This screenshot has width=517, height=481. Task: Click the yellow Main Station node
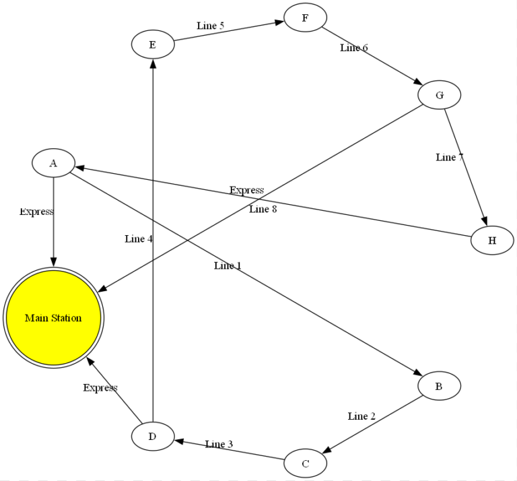click(x=53, y=318)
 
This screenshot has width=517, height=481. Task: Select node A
click(x=53, y=162)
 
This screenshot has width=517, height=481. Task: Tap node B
click(x=439, y=386)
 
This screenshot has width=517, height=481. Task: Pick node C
click(x=305, y=463)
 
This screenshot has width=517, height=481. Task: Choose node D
click(x=152, y=437)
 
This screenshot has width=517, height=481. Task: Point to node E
click(x=152, y=45)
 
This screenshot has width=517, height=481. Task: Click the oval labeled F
click(x=305, y=18)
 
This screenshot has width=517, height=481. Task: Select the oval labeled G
click(x=439, y=95)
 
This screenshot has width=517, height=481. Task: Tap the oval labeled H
click(x=492, y=241)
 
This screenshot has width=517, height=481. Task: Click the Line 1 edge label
click(x=228, y=265)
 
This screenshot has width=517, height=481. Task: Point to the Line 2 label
click(x=361, y=416)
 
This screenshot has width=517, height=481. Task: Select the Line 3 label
click(x=219, y=444)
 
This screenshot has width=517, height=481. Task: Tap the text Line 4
click(x=139, y=238)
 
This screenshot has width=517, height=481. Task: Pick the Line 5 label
click(x=210, y=26)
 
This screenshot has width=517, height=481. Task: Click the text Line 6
click(x=353, y=48)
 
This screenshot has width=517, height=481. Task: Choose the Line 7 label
click(x=450, y=157)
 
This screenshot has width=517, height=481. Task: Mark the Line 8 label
click(x=263, y=209)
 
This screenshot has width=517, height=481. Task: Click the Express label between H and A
click(x=246, y=190)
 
